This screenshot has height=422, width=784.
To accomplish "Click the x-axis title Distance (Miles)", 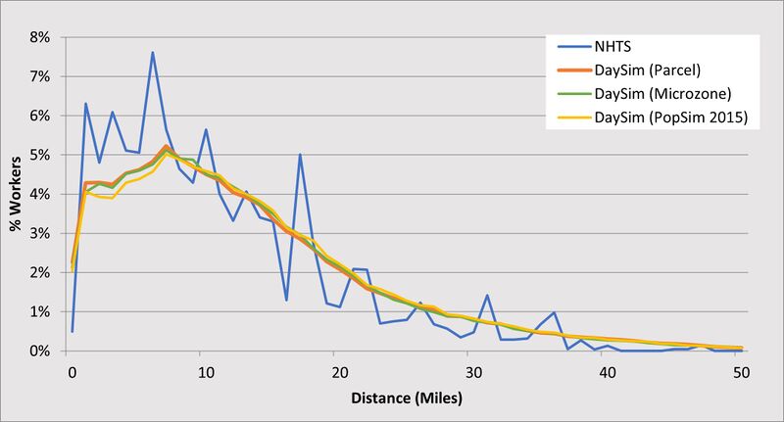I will (406, 399).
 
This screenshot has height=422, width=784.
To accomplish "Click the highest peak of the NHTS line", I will (153, 52).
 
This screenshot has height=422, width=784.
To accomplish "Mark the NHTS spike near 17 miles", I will (300, 154).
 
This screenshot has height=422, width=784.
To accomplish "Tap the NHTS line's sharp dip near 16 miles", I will (286, 300).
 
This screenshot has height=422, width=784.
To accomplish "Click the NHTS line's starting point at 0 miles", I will (73, 331).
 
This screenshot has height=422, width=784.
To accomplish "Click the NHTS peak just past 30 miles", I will (487, 295).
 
